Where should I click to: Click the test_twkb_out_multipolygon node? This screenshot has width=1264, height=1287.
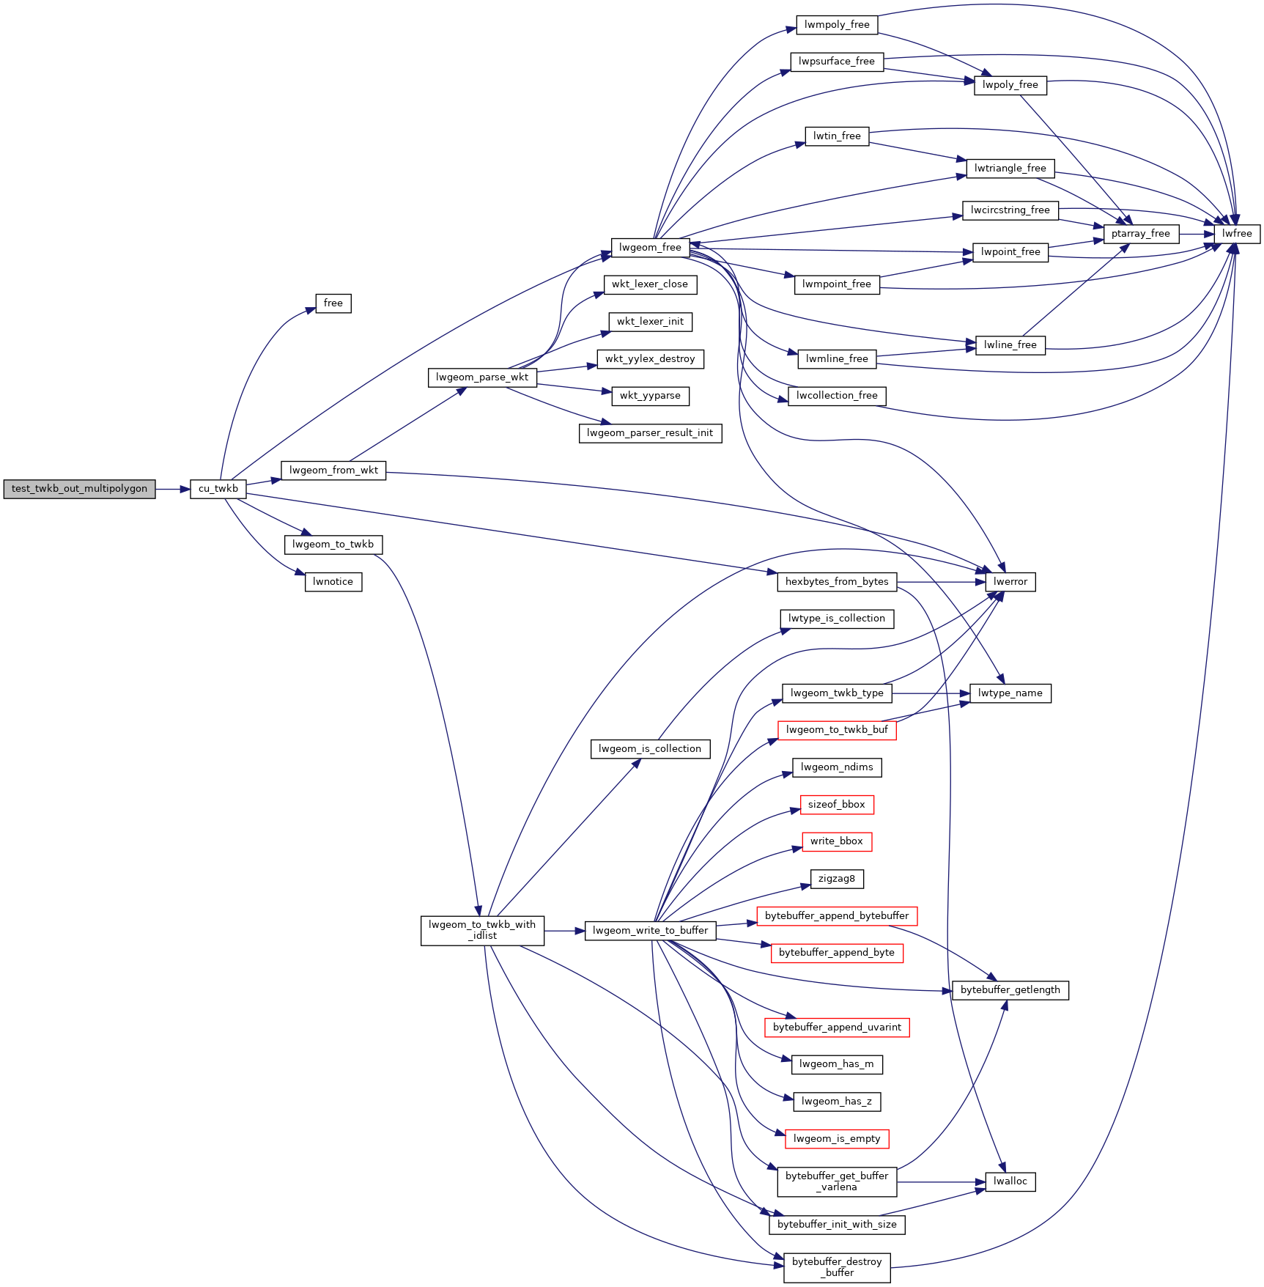tap(79, 489)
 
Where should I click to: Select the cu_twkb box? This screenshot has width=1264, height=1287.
tap(218, 489)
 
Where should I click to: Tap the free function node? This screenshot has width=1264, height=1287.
tap(333, 303)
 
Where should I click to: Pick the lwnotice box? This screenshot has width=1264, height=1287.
tap(333, 582)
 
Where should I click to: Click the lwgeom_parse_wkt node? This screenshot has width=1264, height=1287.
tap(481, 377)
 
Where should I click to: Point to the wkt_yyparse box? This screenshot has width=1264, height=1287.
tap(650, 396)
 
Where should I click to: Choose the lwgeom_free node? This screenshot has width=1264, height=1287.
tap(650, 248)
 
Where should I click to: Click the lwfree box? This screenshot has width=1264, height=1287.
tap(1237, 234)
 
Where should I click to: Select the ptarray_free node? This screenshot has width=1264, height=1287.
tap(1140, 234)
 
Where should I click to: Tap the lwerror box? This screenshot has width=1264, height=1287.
tap(1010, 582)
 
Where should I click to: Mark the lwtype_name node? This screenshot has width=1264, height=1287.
tap(1010, 693)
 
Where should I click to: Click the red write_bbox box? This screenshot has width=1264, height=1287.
tap(836, 841)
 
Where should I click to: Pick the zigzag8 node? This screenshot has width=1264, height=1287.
tap(836, 879)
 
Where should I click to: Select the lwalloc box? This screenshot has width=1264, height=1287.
tap(1010, 1181)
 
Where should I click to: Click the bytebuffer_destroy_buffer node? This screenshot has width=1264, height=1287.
tap(836, 1267)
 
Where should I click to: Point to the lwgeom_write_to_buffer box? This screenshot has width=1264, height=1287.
tap(650, 931)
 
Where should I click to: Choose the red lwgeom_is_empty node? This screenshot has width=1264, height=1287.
tap(836, 1138)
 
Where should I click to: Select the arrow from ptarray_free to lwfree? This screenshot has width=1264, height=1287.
tap(1197, 234)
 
